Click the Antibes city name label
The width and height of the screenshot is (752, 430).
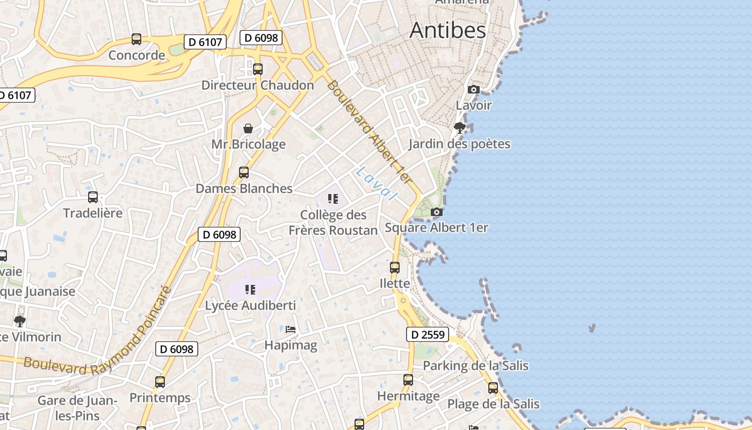447,30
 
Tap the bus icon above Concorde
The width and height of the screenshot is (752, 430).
136,39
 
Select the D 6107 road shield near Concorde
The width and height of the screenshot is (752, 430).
205,42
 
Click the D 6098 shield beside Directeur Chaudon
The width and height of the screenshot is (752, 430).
261,38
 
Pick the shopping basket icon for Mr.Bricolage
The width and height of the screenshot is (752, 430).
248,128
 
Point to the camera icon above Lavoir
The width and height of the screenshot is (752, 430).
474,90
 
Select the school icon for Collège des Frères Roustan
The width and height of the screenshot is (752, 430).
333,199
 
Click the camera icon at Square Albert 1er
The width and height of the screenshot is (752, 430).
437,212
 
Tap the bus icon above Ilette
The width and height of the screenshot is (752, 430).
395,267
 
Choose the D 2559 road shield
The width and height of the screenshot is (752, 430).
427,335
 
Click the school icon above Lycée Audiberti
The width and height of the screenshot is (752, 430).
250,290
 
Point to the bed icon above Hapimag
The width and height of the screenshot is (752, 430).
291,329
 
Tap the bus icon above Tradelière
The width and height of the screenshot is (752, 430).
93,197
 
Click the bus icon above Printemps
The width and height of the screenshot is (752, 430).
160,382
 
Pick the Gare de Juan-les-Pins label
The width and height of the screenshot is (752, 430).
77,408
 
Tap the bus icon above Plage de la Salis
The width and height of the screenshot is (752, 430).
493,388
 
